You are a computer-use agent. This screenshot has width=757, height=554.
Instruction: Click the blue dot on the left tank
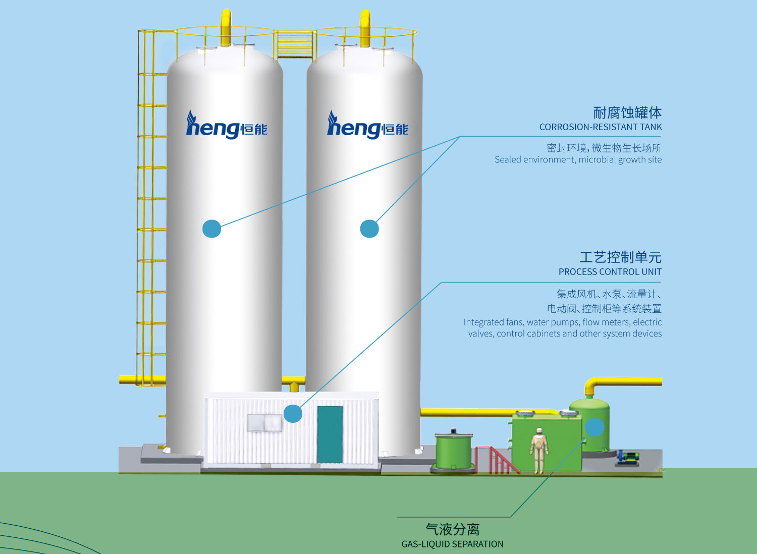211,229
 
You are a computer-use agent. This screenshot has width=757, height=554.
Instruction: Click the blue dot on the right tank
369,229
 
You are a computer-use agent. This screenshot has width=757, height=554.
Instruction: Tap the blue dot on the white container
293,413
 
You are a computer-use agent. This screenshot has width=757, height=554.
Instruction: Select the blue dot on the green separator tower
594,427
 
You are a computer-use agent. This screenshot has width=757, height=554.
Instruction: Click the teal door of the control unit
330,434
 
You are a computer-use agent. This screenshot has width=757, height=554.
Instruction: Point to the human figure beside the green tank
539,450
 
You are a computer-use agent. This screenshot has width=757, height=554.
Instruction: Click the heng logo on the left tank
227,125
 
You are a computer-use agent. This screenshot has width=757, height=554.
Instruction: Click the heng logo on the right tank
368,125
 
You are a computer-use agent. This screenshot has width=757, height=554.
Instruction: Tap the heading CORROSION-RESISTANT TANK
601,127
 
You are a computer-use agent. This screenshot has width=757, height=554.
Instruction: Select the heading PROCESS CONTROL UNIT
610,271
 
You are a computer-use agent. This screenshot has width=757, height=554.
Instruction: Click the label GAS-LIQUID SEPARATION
452,544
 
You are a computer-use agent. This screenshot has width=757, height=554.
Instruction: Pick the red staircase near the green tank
497,460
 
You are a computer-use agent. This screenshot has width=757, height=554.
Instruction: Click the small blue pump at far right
627,458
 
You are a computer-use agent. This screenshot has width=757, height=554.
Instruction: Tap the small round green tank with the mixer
453,451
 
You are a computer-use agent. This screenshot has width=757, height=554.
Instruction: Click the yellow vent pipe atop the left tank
226,28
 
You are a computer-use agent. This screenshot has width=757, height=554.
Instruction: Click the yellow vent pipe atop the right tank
365,28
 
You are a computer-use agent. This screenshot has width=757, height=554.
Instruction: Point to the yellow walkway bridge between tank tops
295,44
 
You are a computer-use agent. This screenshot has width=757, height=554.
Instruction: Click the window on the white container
264,423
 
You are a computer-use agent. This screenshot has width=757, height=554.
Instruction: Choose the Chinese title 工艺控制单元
620,257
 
